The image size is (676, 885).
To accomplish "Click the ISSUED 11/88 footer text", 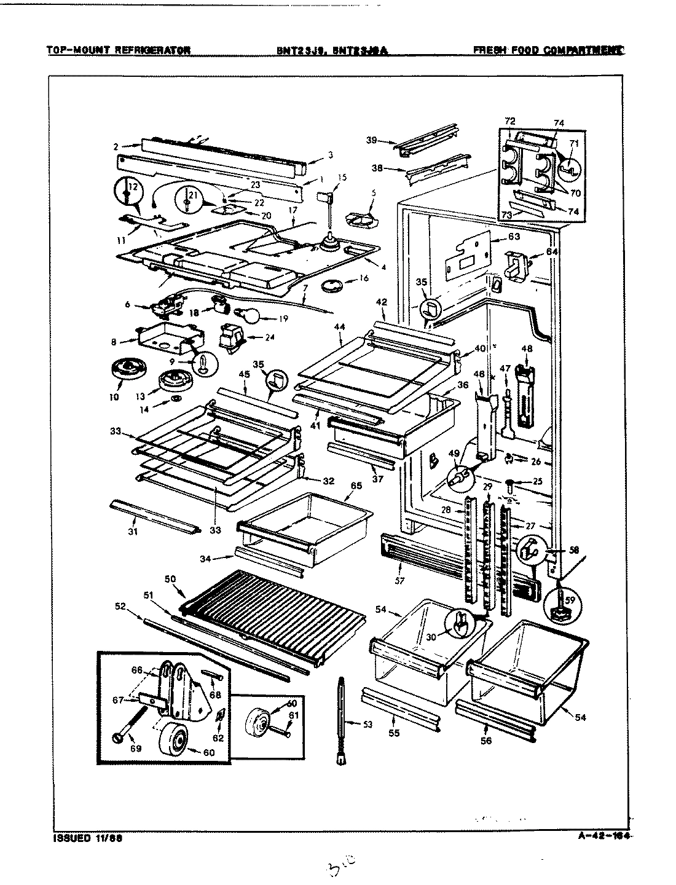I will pos(85,837).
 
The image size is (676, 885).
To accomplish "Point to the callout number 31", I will pos(133,531).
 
